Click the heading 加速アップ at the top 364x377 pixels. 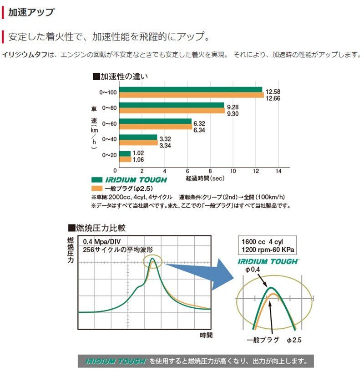click(31, 12)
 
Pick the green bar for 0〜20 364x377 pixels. click(125, 154)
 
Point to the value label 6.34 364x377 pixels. click(199, 130)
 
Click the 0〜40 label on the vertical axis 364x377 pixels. click(109, 139)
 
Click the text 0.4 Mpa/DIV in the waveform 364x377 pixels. click(101, 242)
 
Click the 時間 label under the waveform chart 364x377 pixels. click(206, 335)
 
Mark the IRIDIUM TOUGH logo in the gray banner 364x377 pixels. click(116, 362)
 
